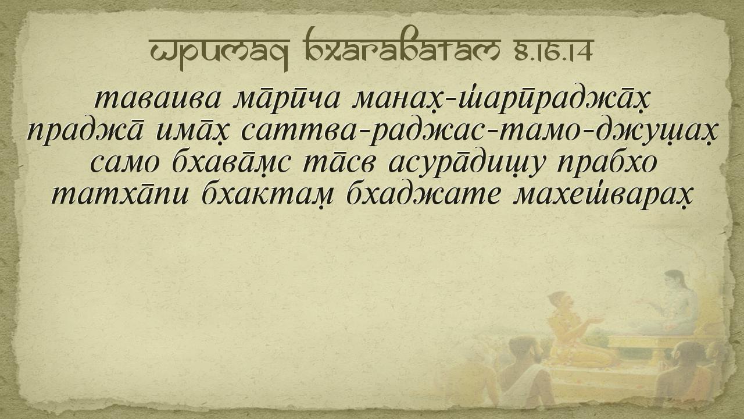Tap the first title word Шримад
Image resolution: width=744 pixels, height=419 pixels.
pos(220,52)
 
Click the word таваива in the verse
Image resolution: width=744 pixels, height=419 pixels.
pos(158,100)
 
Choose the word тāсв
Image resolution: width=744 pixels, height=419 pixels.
pos(340,162)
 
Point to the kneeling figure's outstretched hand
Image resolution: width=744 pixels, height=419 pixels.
pos(597,320)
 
